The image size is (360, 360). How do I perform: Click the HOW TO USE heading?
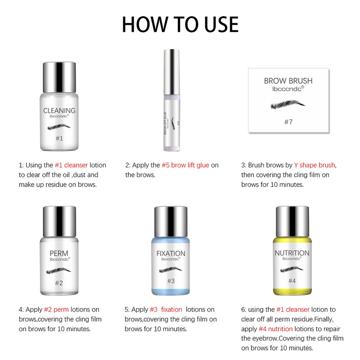pyautogui.click(x=180, y=24)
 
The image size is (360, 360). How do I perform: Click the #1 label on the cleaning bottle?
pyautogui.click(x=59, y=138)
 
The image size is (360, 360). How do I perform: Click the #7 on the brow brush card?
pyautogui.click(x=288, y=121)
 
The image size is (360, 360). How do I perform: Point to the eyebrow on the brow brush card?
pyautogui.click(x=288, y=106)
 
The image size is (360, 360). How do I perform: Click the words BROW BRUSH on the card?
pyautogui.click(x=288, y=81)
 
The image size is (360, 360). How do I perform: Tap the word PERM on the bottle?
pyautogui.click(x=59, y=253)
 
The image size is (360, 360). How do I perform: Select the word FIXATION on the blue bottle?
pyautogui.click(x=171, y=253)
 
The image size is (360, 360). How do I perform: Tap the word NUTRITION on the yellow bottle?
pyautogui.click(x=292, y=253)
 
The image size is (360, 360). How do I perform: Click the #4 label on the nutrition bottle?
pyautogui.click(x=292, y=281)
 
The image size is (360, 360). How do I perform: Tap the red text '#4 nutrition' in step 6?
pyautogui.click(x=275, y=328)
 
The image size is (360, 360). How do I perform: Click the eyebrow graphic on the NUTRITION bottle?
pyautogui.click(x=292, y=269)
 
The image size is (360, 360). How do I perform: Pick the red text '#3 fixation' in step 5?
pyautogui.click(x=166, y=310)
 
